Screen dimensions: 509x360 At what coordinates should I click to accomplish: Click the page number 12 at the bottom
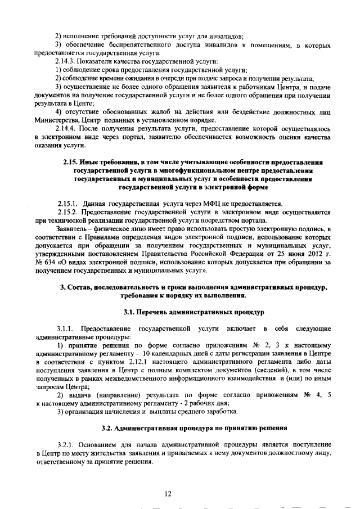[x=168, y=494]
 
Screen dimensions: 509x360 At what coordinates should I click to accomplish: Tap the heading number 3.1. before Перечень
[x=130, y=311]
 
